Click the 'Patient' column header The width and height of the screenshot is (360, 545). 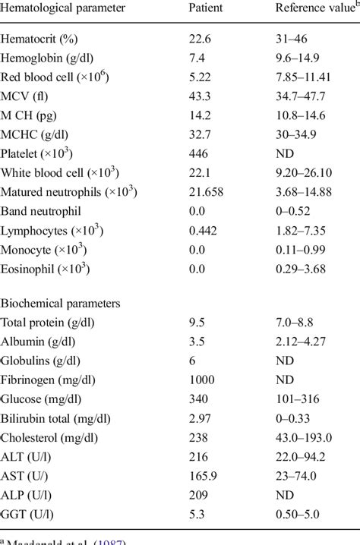point(207,8)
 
